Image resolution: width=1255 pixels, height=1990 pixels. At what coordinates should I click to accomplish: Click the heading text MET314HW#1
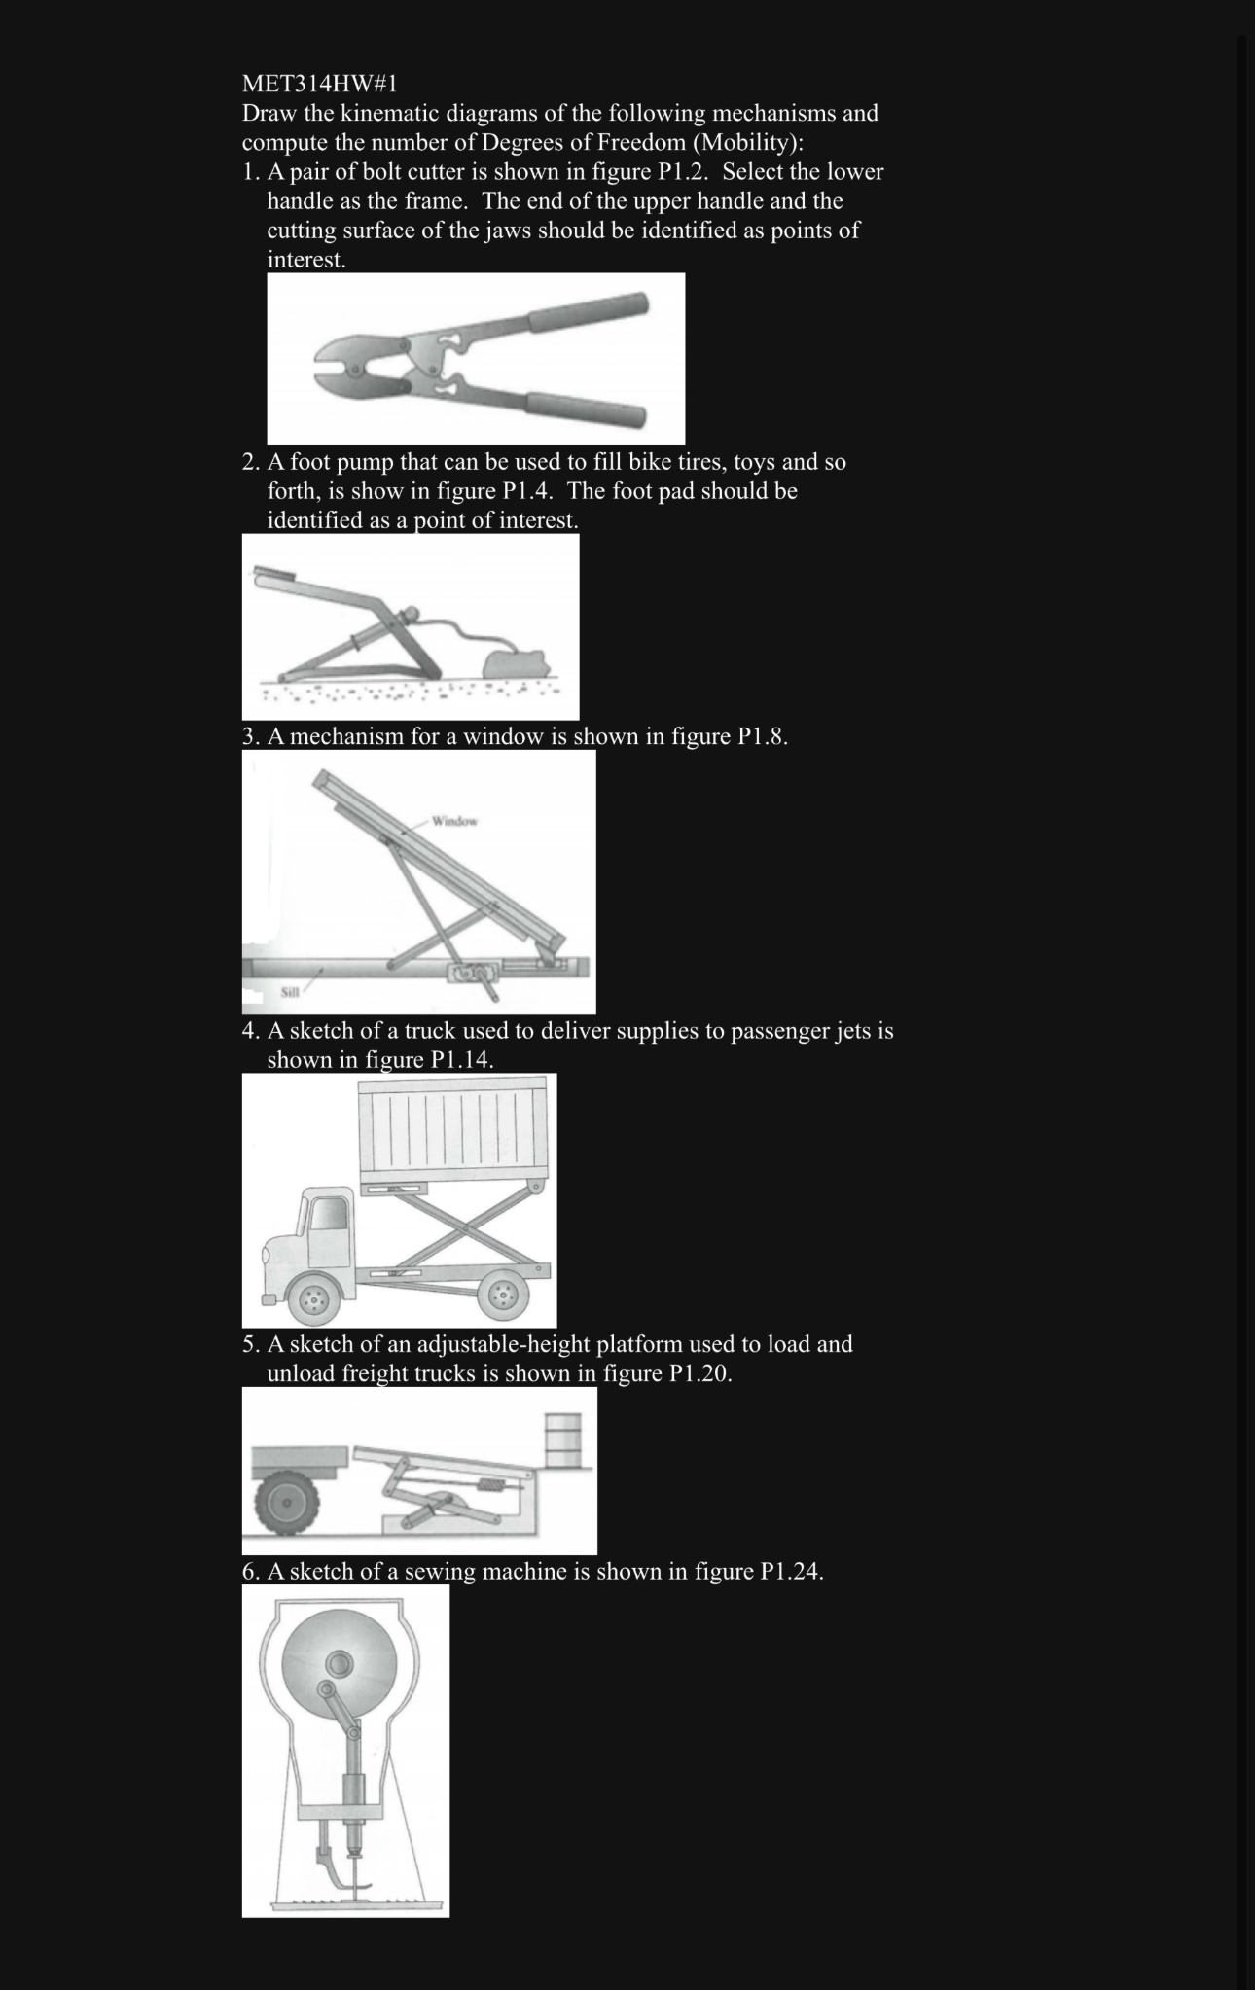pos(319,84)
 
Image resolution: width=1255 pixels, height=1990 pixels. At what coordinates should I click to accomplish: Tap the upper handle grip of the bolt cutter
pos(590,312)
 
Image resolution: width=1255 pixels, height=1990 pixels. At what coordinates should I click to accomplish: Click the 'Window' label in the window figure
pos(454,822)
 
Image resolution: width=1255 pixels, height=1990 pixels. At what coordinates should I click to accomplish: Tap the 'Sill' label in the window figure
pos(290,993)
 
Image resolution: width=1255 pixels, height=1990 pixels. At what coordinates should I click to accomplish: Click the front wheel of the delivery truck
pos(313,1297)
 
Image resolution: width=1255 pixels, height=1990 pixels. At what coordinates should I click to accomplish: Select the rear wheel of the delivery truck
pos(504,1294)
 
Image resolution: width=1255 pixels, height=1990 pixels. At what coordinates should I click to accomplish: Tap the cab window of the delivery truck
pos(328,1218)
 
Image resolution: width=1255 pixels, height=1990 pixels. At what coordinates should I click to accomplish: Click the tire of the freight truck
pos(287,1504)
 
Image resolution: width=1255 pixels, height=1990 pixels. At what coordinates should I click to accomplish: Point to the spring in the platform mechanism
pos(490,1486)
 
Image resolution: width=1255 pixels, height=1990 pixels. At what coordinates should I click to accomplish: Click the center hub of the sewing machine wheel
pos(340,1662)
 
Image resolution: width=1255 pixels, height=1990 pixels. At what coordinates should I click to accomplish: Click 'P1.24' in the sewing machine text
pos(789,1572)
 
